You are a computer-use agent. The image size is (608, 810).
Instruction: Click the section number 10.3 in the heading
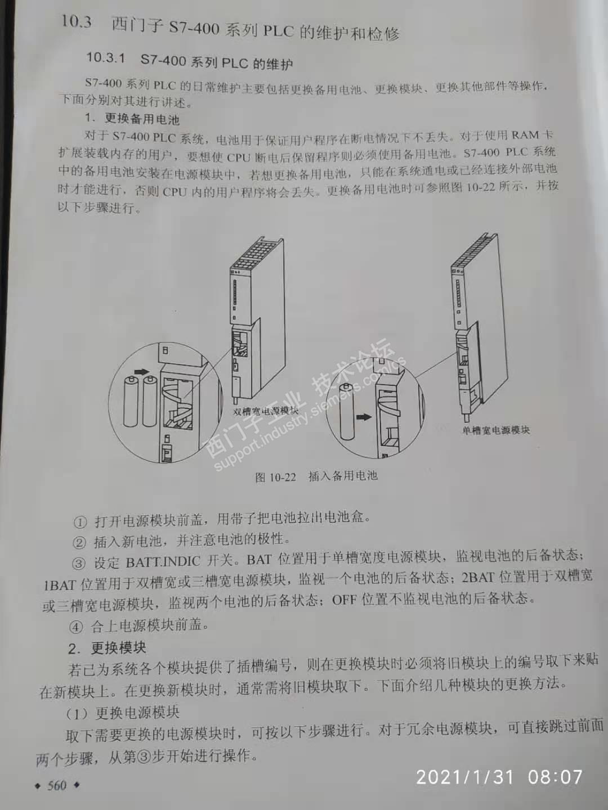pos(76,22)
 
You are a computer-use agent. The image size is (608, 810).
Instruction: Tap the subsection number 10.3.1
pos(106,58)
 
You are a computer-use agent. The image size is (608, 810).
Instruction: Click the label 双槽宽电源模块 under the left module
pos(265,411)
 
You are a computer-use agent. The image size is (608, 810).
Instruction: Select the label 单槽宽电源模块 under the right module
pos(496,430)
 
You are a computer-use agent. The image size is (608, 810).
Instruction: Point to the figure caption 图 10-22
pos(275,477)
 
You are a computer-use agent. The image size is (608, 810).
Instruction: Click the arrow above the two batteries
pos(142,372)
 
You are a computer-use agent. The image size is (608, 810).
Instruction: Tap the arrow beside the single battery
pos(364,417)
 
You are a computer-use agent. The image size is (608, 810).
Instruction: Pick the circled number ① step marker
pos(80,522)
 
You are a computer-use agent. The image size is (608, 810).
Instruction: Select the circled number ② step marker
pos(79,542)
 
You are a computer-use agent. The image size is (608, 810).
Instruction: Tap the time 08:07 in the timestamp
pos(555,777)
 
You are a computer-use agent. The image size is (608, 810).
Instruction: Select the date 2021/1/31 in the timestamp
pos(465,777)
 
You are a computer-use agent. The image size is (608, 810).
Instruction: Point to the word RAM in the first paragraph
pos(526,135)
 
